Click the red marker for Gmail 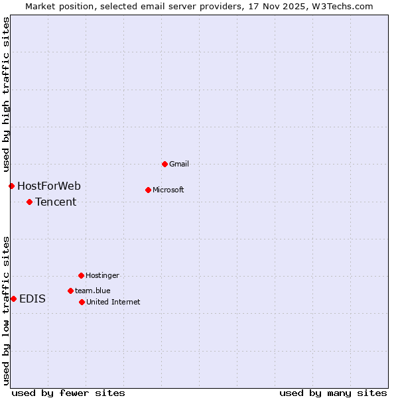(165, 164)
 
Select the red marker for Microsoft (148, 190)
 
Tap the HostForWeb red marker (11, 186)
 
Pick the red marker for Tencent (29, 202)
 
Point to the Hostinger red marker (81, 275)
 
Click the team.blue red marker (70, 291)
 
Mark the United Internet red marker (82, 302)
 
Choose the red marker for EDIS (13, 298)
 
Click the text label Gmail (179, 164)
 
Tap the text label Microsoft (168, 190)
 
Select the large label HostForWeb (49, 186)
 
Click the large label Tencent (56, 202)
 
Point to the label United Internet (113, 302)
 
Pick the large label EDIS (33, 298)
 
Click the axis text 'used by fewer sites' (68, 393)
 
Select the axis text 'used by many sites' (333, 393)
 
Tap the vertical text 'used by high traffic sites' (6, 95)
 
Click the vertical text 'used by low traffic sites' (6, 310)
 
